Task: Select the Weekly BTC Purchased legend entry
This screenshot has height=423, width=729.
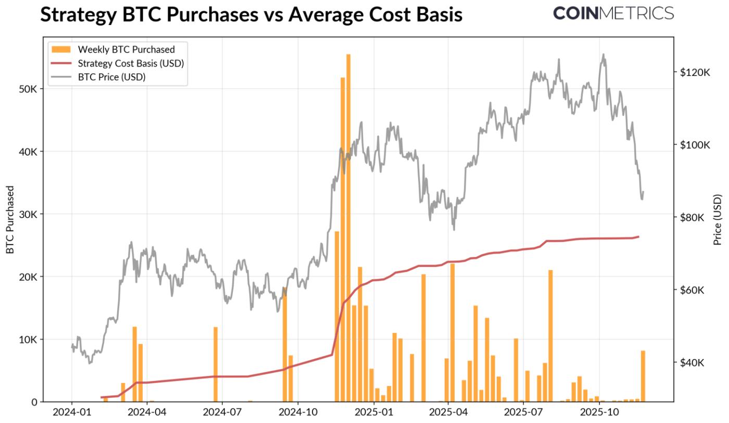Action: click(x=126, y=49)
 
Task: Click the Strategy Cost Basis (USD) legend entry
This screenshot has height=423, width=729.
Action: click(x=131, y=63)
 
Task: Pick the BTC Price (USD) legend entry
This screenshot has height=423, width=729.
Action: click(x=111, y=77)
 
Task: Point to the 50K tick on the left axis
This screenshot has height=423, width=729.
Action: click(x=27, y=89)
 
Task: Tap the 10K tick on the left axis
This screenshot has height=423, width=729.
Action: click(x=27, y=340)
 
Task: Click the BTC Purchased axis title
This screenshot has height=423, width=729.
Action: click(x=10, y=220)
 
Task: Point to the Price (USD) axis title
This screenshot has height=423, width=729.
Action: click(x=718, y=220)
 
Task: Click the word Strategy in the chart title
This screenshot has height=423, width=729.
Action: click(x=78, y=15)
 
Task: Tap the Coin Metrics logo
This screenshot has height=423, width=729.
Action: click(x=613, y=13)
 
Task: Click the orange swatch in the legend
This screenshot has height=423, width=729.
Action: click(x=60, y=49)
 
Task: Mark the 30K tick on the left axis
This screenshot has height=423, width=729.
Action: click(x=27, y=214)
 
